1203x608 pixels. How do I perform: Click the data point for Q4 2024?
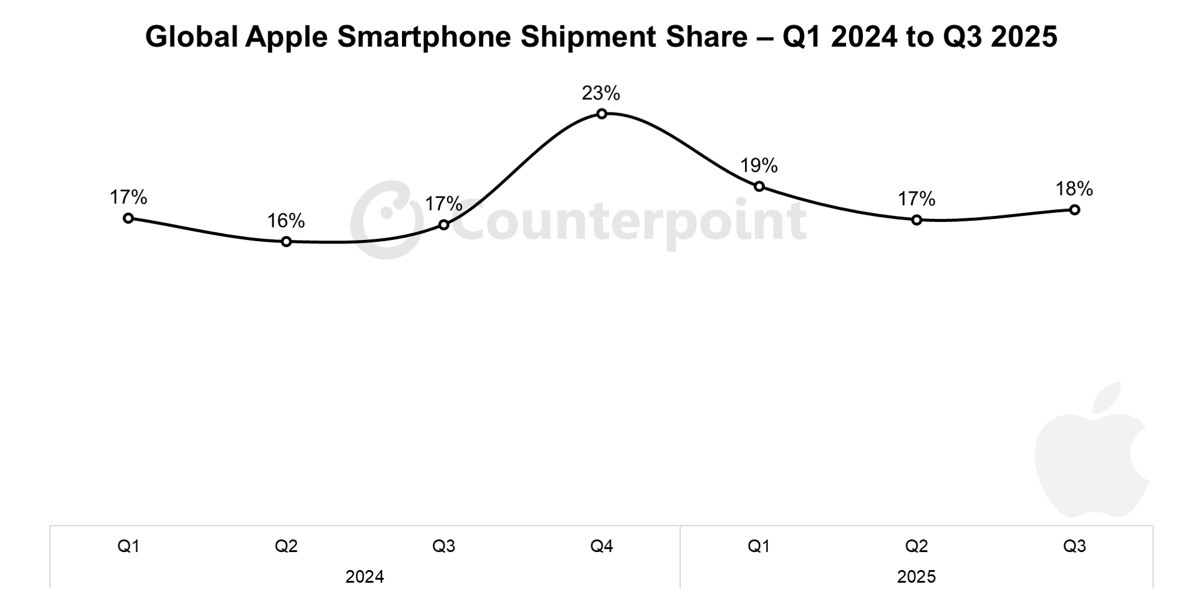[x=601, y=114]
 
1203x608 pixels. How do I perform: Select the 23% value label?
[x=600, y=93]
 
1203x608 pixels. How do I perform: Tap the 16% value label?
[x=286, y=221]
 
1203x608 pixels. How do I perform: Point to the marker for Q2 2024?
[x=286, y=241]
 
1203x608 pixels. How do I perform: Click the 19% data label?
[x=758, y=165]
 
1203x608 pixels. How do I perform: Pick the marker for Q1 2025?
[x=759, y=186]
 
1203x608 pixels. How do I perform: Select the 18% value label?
[x=1074, y=189]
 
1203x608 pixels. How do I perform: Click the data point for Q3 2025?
[x=1074, y=210]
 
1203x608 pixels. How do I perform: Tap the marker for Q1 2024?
[x=128, y=218]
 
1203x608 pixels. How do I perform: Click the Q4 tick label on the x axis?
[x=601, y=546]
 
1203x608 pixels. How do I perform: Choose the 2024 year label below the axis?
[x=364, y=577]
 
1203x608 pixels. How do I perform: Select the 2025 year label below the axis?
[x=916, y=577]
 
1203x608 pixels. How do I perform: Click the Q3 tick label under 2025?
[x=1074, y=546]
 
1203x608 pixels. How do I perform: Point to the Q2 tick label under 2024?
[x=286, y=546]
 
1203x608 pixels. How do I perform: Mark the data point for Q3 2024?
[x=444, y=225]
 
